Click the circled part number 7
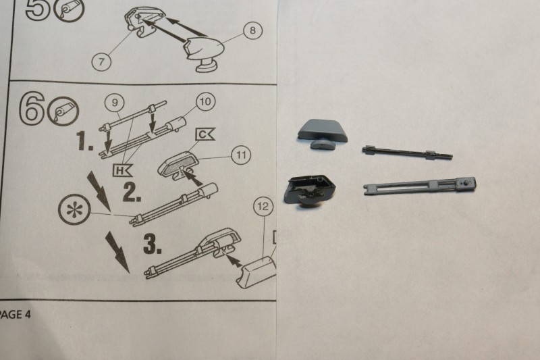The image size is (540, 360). (101, 61)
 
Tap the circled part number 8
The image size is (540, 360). (252, 30)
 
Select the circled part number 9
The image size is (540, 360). (115, 102)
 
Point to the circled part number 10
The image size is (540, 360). (206, 101)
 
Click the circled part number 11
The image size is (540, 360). (241, 155)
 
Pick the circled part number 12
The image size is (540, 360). (263, 207)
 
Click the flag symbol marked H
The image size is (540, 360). (122, 170)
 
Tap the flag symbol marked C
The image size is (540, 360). (205, 134)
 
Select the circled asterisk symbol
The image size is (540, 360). (74, 209)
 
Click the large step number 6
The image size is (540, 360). (31, 107)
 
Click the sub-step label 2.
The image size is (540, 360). (132, 192)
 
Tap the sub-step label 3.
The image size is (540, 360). (153, 244)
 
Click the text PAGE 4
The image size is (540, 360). (15, 314)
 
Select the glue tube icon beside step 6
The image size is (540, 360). (63, 111)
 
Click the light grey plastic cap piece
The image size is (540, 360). (323, 134)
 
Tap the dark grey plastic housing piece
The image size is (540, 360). (309, 190)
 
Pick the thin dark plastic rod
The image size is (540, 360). (408, 153)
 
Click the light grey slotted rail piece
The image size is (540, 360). (420, 185)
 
